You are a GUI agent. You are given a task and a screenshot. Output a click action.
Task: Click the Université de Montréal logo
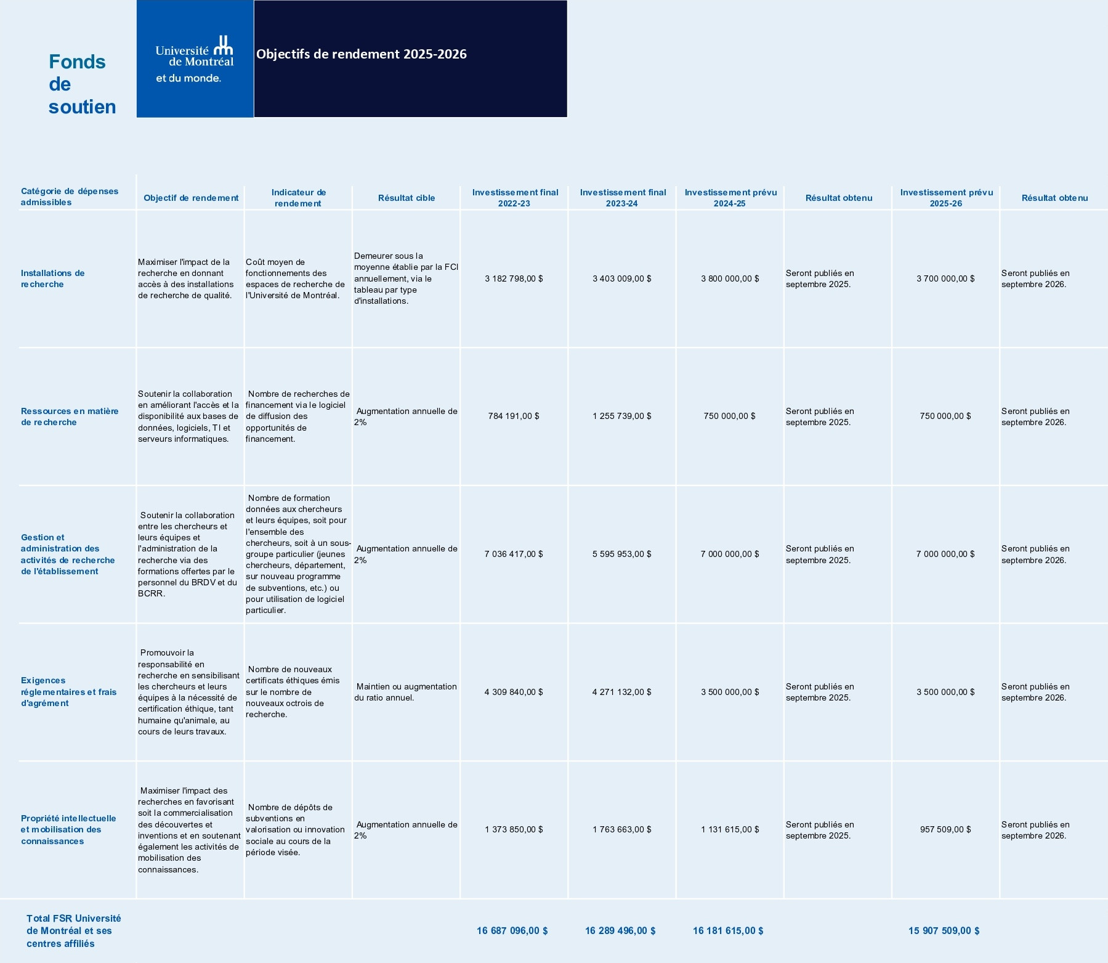coord(194,59)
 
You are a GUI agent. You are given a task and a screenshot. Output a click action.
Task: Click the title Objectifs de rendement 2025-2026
coord(362,54)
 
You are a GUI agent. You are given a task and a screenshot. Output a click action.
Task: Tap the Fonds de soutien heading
coord(82,84)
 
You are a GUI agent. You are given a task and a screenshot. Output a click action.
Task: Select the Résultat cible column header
coord(406,198)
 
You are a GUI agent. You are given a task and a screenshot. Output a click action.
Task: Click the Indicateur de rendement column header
coord(299,198)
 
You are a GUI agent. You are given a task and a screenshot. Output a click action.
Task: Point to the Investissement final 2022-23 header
coord(515,198)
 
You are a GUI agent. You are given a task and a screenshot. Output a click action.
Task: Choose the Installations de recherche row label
coord(52,278)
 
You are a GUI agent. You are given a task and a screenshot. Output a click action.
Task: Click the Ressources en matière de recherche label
coord(69,416)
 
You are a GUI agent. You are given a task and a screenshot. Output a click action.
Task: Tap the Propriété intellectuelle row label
coord(68,829)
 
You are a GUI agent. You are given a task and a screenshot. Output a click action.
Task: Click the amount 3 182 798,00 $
coord(514,278)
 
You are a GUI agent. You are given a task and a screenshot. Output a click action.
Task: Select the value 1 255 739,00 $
coord(621,416)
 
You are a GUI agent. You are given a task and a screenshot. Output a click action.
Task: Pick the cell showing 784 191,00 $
coord(514,416)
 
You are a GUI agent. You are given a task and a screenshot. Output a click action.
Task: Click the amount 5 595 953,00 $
coord(621,554)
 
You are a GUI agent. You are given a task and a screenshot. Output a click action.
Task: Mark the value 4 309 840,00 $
coord(514,692)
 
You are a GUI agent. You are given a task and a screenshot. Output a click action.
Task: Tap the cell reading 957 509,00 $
coord(945,829)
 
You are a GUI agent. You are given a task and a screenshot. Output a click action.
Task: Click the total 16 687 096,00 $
coord(512,930)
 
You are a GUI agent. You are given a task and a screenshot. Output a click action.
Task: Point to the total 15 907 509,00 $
coord(944,930)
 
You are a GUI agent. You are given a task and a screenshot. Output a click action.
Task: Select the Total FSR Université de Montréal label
coord(73,930)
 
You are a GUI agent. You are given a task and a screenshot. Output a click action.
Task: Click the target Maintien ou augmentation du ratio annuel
coord(406,692)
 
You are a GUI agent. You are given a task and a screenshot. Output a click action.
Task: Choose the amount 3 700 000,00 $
coord(945,278)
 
